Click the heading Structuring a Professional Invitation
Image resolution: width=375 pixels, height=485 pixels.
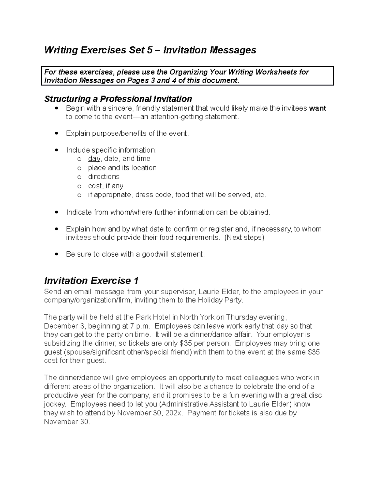coord(118,99)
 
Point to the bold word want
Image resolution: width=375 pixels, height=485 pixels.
coord(317,108)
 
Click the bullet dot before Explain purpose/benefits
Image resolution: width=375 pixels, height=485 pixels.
coord(56,133)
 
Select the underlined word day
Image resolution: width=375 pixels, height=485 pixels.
coord(94,159)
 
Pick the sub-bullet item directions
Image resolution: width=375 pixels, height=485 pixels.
coord(104,177)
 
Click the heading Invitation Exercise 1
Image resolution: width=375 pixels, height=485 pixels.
coord(91,280)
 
